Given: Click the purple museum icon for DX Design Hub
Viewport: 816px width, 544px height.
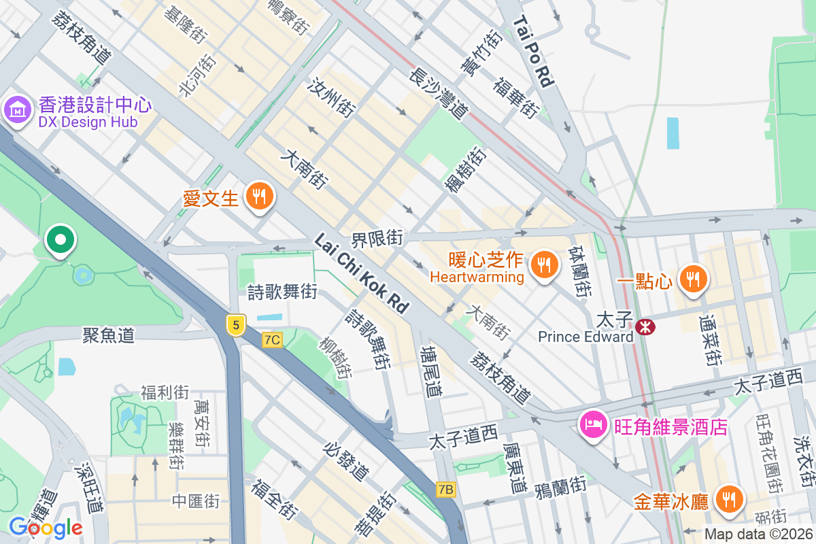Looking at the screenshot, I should pyautogui.click(x=17, y=109).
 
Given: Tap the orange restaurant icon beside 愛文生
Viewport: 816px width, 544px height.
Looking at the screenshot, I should pyautogui.click(x=258, y=197).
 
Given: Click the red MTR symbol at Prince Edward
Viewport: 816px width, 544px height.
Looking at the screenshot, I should pyautogui.click(x=645, y=327).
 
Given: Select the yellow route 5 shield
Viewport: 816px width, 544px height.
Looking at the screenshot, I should pyautogui.click(x=236, y=325).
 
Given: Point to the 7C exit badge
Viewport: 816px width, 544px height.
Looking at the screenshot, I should pyautogui.click(x=272, y=339).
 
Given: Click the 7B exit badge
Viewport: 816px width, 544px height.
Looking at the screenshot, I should pyautogui.click(x=446, y=489).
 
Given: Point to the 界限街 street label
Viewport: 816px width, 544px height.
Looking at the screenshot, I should pyautogui.click(x=377, y=239).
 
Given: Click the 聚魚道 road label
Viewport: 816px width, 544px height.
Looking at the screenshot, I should pyautogui.click(x=108, y=335).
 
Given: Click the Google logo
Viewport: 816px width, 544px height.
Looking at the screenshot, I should pyautogui.click(x=46, y=527).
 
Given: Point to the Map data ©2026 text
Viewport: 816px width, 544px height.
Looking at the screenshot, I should pyautogui.click(x=758, y=534).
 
